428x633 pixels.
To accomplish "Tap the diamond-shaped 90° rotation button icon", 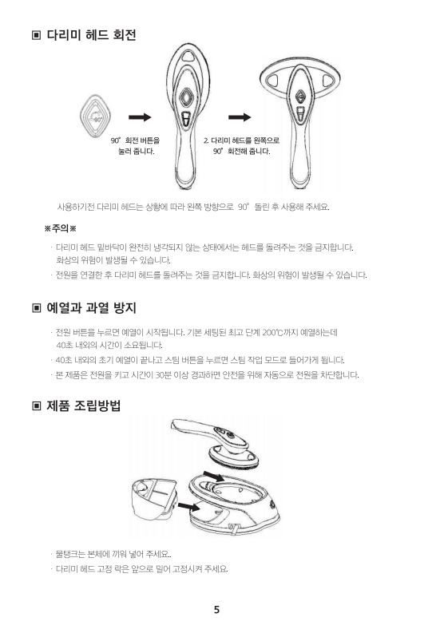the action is tap(95, 117).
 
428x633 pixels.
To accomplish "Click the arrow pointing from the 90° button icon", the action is tap(140, 117).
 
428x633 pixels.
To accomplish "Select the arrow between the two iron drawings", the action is tap(240, 117).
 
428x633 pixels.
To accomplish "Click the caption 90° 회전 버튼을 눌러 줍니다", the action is tap(136, 146).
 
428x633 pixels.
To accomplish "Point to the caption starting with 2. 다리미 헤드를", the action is tap(241, 146).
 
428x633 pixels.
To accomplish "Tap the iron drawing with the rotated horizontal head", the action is tap(299, 122).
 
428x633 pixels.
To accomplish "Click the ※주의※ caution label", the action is tap(60, 228).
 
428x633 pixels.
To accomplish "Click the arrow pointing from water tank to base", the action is tap(189, 506).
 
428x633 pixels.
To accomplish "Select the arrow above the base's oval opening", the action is tap(213, 475).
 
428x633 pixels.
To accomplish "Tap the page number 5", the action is tap(217, 610).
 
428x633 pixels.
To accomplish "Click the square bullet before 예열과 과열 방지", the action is tap(37, 308).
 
